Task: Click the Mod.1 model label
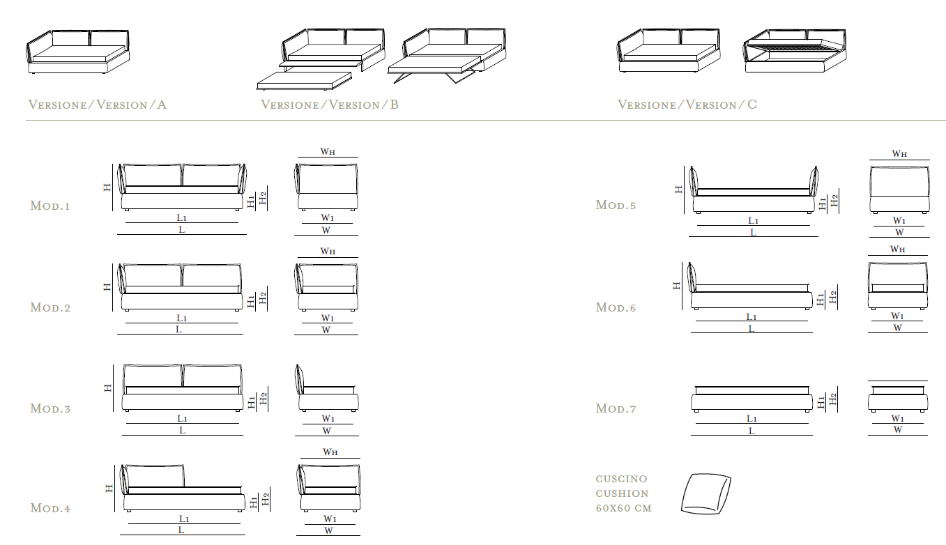pos(49,206)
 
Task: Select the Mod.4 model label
pos(50,508)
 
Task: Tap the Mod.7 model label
pos(616,408)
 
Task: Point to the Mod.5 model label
pos(616,205)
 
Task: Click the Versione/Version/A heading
pos(97,105)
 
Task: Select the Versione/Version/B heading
pos(330,105)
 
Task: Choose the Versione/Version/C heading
pos(687,105)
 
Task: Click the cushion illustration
pos(705,493)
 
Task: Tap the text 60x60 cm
pos(623,508)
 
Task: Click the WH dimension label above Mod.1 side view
pos(328,151)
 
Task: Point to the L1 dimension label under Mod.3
pos(182,418)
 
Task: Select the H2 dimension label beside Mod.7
pos(832,399)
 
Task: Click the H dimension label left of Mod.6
pos(676,286)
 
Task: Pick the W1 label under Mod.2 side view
pos(327,318)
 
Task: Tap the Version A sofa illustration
pos(77,52)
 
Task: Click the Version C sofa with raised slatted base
pos(795,51)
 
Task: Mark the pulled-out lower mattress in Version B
pos(304,81)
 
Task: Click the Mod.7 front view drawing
pos(752,399)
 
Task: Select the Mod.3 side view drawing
pos(327,387)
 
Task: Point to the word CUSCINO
pos(621,479)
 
